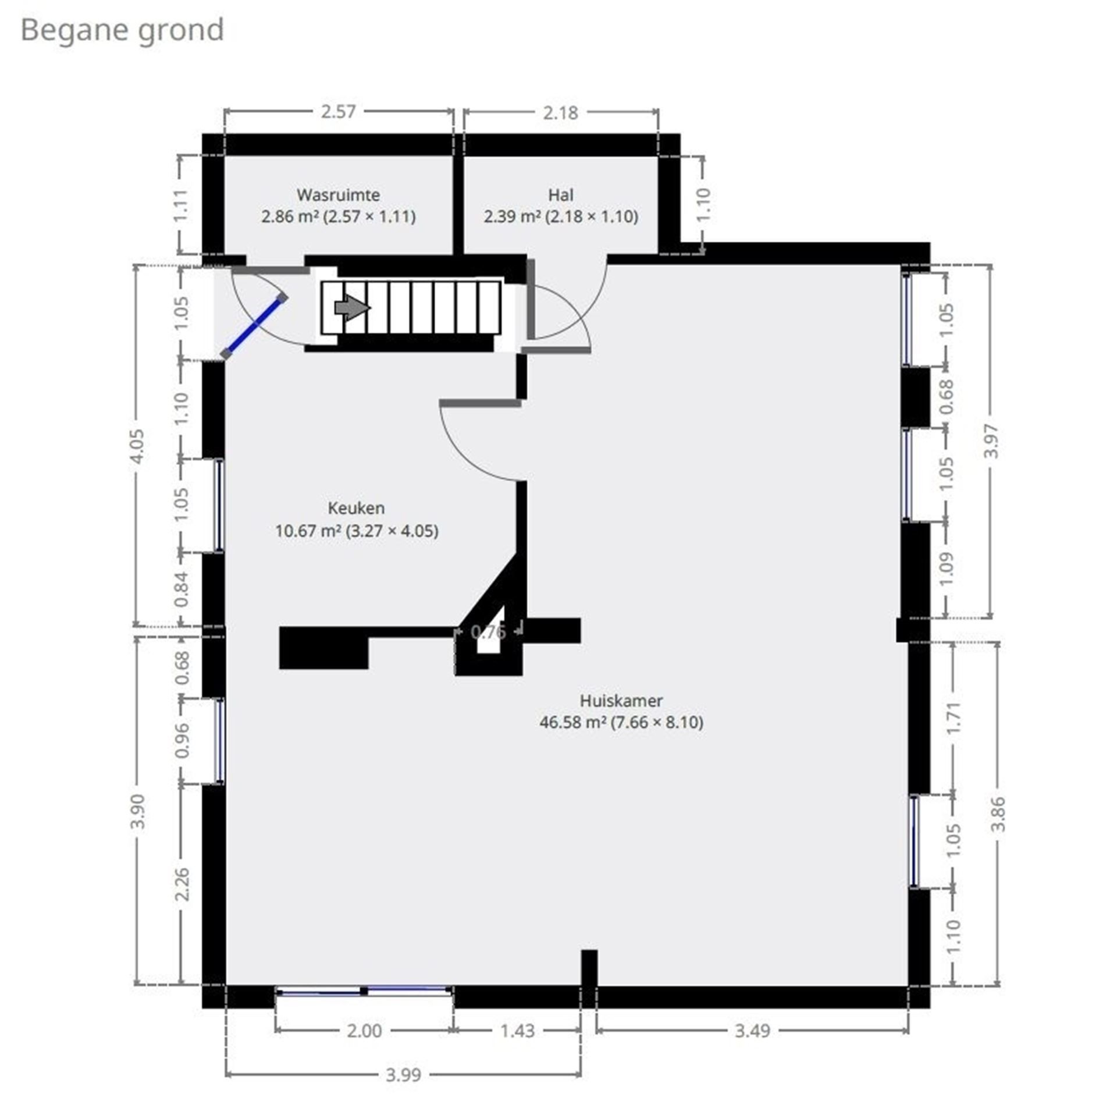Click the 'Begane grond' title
coord(122,30)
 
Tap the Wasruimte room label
coord(338,195)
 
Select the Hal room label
coord(560,195)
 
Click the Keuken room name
coord(356,508)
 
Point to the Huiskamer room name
coord(621,701)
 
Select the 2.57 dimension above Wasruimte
coord(338,112)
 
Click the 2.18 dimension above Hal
coord(560,113)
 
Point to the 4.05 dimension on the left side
coord(137,446)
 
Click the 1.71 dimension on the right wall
coord(954,718)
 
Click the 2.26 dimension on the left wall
coord(182,884)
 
